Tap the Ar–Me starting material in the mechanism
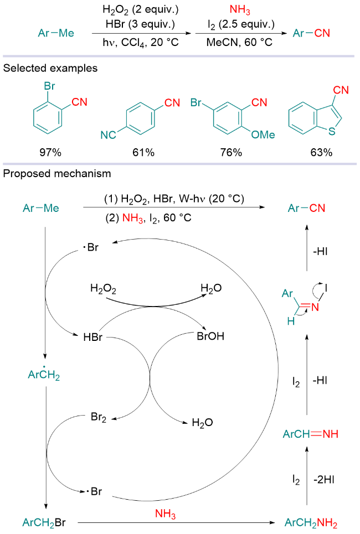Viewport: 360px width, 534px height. (41, 208)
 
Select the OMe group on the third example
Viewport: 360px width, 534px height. (263, 134)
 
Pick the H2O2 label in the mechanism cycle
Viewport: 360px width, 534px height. (103, 288)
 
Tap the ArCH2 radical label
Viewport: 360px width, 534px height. (44, 375)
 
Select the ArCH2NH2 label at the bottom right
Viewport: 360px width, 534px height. (310, 522)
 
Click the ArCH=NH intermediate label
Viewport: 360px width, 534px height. (310, 434)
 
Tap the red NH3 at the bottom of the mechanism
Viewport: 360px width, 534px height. (166, 515)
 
